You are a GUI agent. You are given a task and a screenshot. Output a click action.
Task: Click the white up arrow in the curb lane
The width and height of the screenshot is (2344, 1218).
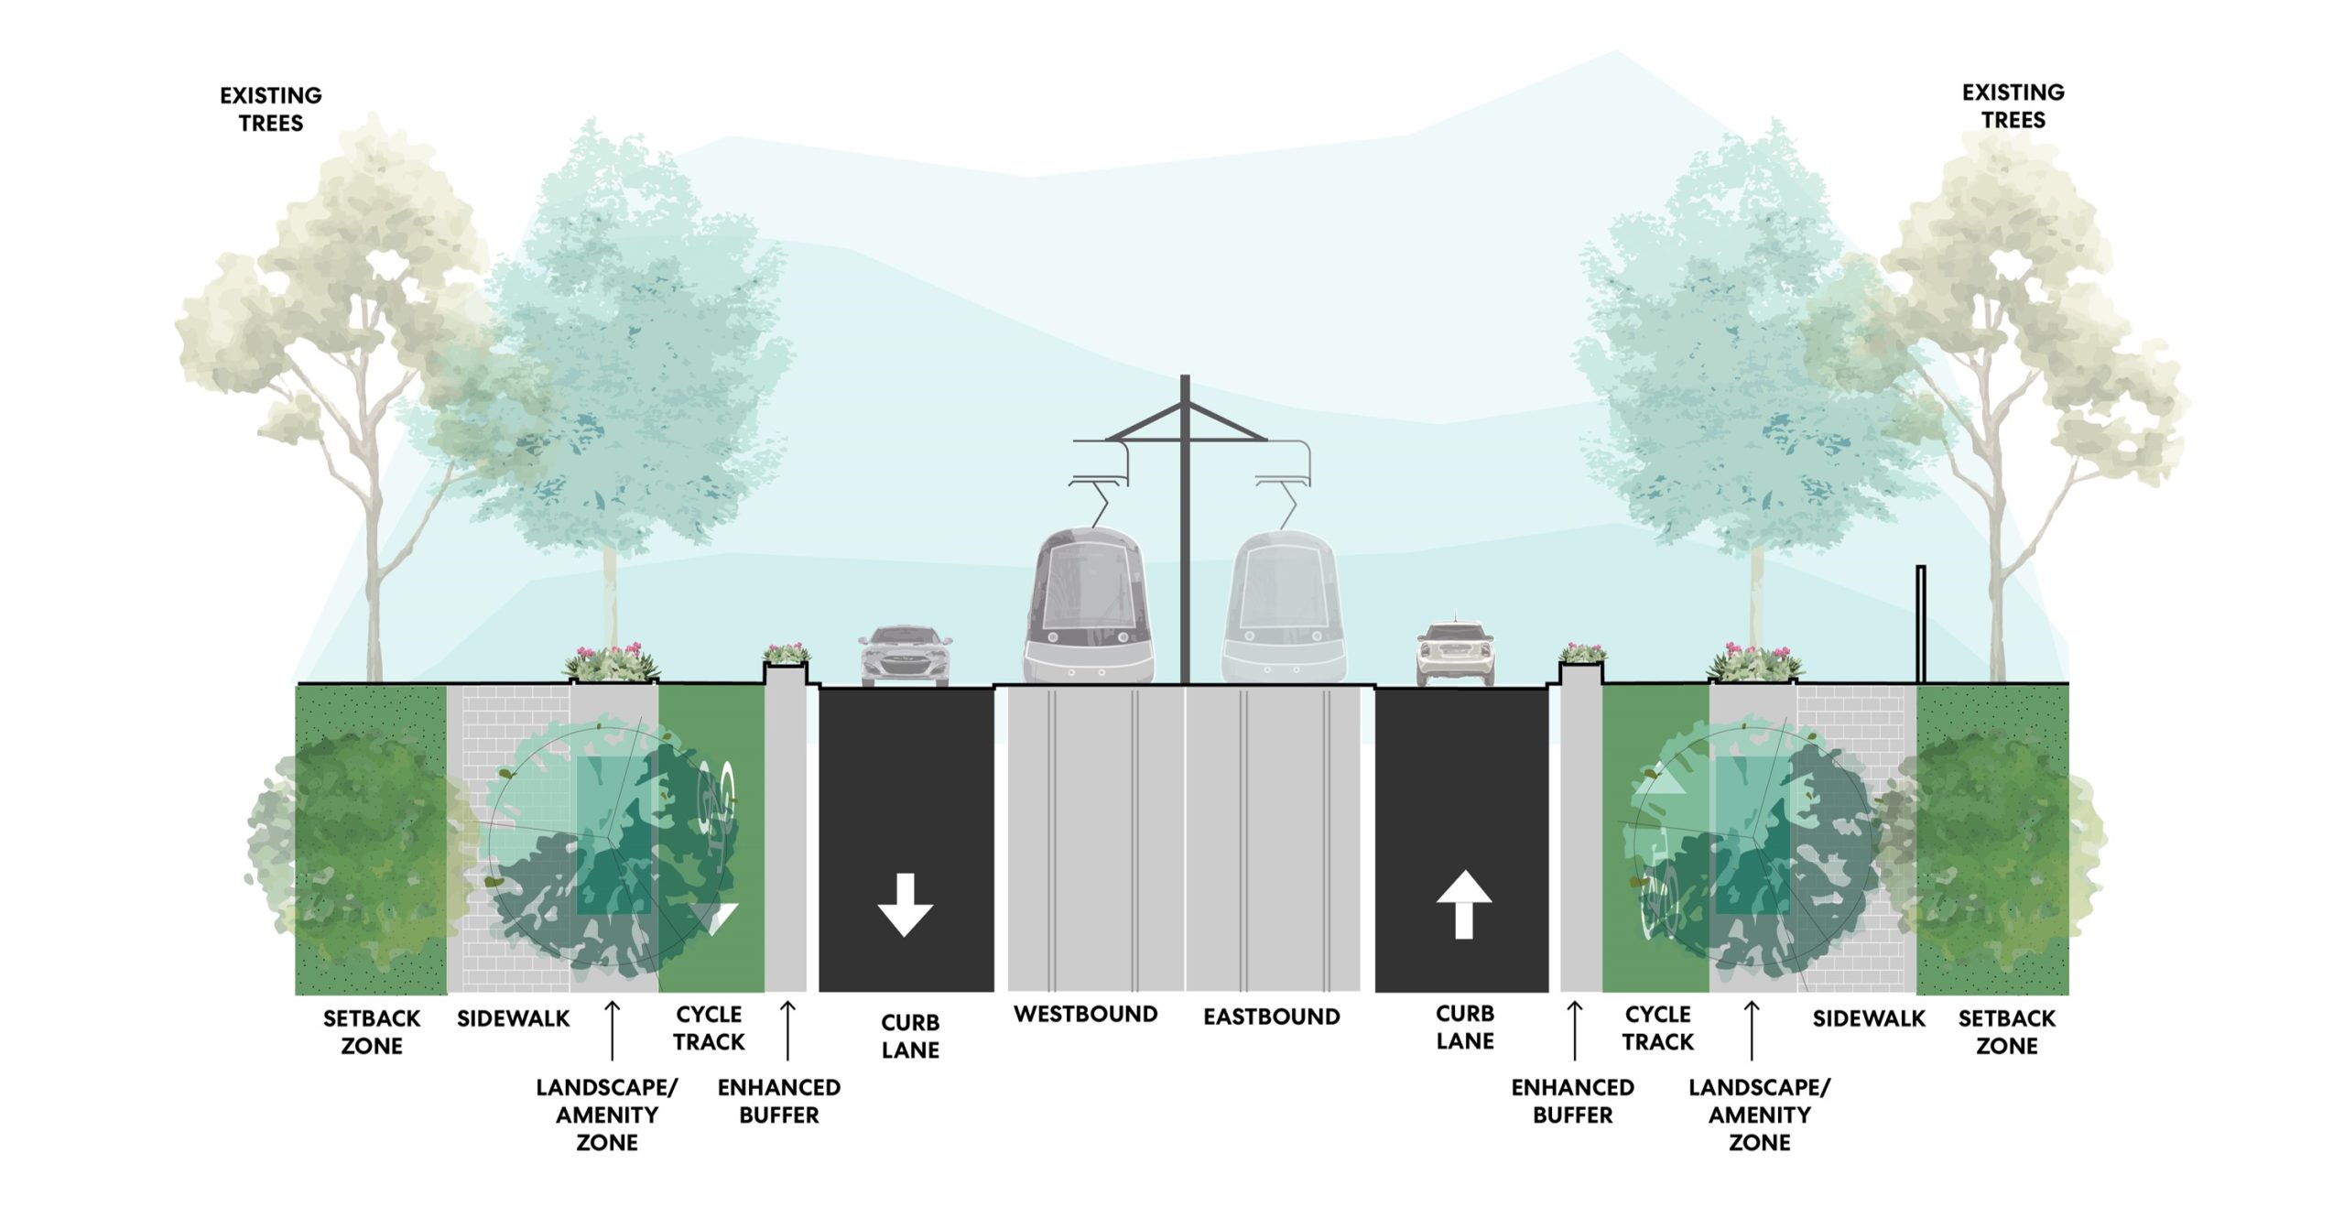point(1464,905)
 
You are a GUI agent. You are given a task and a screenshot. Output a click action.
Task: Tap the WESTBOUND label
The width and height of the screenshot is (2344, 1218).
point(1086,1015)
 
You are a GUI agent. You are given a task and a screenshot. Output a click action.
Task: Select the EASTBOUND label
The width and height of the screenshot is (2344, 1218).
point(1272,1017)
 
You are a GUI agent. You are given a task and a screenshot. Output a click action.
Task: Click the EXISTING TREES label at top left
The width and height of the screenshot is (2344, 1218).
point(271,109)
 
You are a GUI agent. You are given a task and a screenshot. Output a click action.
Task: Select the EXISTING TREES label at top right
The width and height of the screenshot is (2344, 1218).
point(2013,106)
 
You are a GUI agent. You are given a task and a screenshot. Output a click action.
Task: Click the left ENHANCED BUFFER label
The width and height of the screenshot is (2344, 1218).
point(779,1101)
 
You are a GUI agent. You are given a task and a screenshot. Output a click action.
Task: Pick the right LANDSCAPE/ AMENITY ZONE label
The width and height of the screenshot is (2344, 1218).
point(1760,1115)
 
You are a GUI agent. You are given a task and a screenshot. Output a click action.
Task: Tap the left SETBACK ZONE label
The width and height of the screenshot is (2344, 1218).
point(372,1032)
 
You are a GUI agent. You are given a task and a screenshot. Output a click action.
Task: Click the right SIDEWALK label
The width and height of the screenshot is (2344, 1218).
point(1869,1018)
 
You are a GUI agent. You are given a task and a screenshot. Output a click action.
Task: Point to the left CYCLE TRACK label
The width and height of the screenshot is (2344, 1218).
point(709,1028)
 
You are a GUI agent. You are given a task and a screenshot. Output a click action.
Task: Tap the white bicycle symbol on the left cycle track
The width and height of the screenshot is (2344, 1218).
point(718,810)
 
